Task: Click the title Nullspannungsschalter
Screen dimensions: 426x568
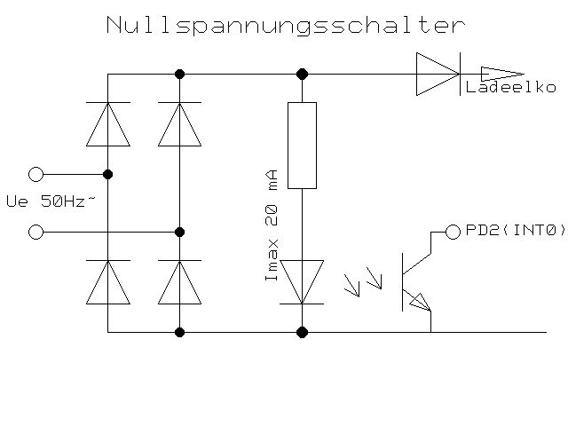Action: coord(284,25)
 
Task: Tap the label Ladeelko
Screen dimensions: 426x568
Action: coord(511,88)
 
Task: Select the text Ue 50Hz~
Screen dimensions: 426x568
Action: coord(50,202)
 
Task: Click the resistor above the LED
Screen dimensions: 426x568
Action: coord(302,146)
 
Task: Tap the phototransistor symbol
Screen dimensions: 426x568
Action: coord(415,280)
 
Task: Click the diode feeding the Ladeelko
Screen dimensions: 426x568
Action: coord(438,74)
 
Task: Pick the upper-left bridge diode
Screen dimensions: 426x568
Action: coord(107,123)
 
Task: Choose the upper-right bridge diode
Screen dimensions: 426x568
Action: coord(179,123)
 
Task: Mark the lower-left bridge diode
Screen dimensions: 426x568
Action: coord(107,282)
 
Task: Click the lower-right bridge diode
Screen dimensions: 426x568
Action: coord(179,282)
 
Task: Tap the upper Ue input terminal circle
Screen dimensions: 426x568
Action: coord(35,174)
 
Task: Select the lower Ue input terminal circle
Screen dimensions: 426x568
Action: coord(35,232)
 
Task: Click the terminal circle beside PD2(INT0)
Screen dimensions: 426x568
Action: coord(453,232)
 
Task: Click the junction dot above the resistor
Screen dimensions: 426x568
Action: coord(302,74)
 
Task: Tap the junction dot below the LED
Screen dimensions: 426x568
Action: coord(302,332)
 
